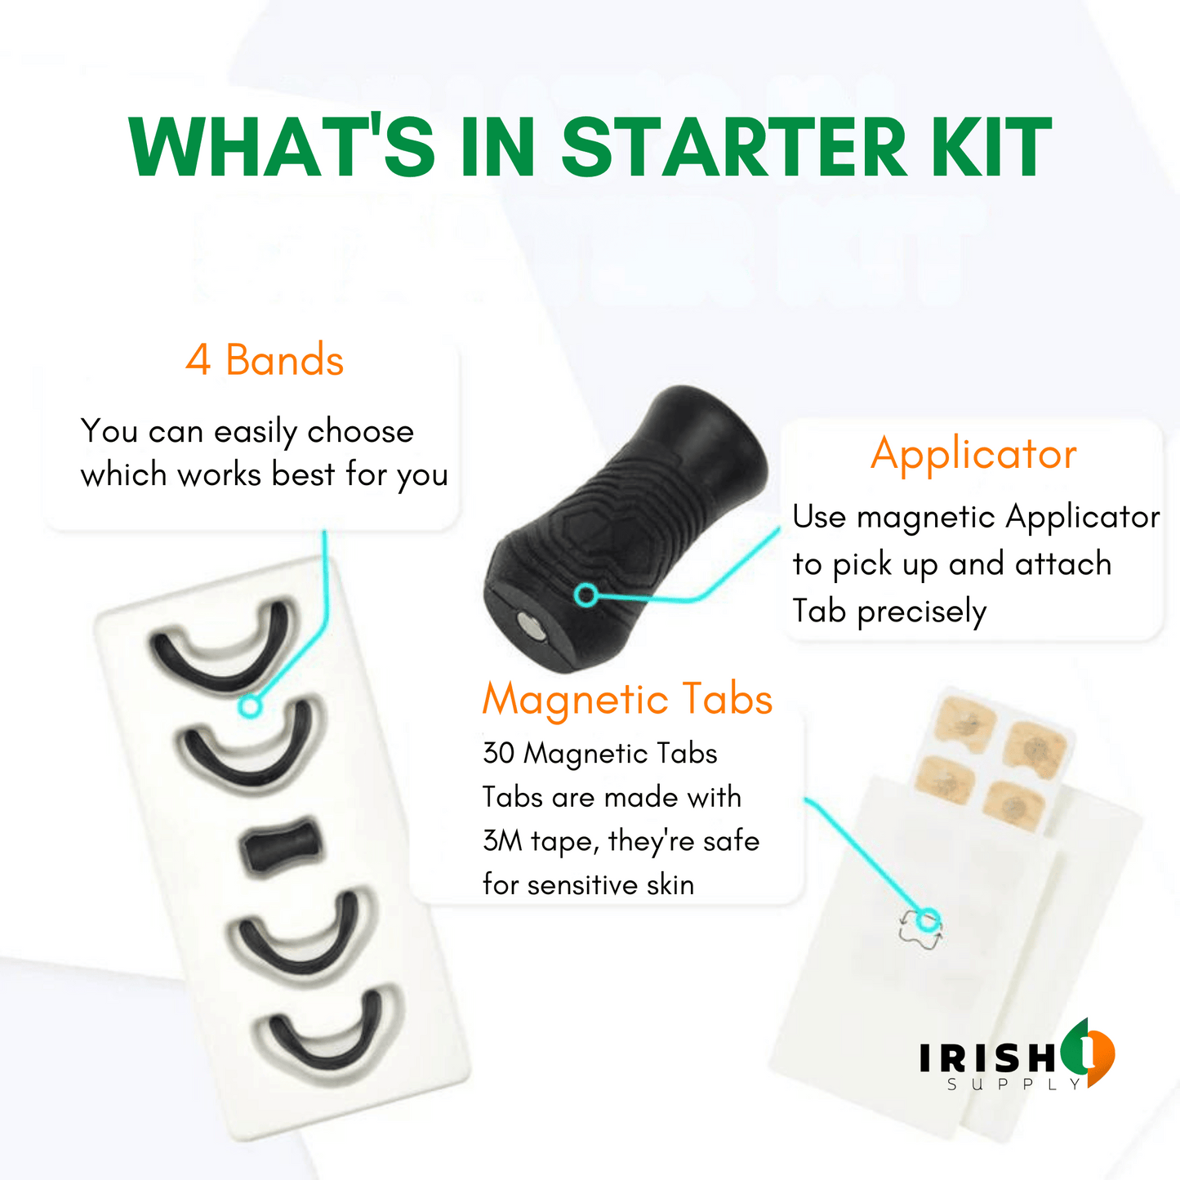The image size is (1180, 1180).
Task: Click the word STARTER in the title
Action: pyautogui.click(x=734, y=148)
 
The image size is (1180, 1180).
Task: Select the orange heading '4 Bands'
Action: pyautogui.click(x=265, y=359)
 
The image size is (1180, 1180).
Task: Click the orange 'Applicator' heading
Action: pyautogui.click(x=973, y=454)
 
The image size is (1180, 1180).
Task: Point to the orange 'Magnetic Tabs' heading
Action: pyautogui.click(x=628, y=699)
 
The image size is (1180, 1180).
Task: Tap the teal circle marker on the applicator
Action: pyautogui.click(x=586, y=594)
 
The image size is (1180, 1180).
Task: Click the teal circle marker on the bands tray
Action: pyautogui.click(x=250, y=706)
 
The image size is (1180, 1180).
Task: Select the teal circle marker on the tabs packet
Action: pyautogui.click(x=928, y=920)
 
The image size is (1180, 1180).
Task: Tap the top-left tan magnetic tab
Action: pyautogui.click(x=966, y=725)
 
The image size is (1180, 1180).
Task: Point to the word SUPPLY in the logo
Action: pyautogui.click(x=1014, y=1084)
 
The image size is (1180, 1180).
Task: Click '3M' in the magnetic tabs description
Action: pyautogui.click(x=501, y=840)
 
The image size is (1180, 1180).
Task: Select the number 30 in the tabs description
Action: pyautogui.click(x=498, y=753)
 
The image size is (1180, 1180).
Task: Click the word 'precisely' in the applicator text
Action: pyautogui.click(x=922, y=612)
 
